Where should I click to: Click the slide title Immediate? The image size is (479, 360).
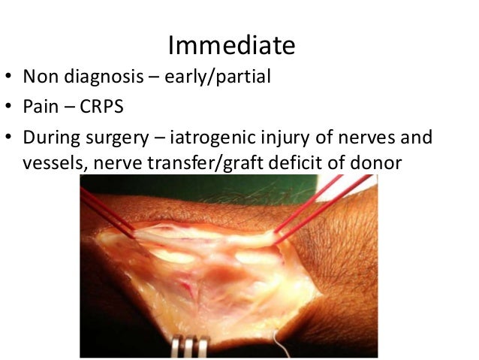231,46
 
